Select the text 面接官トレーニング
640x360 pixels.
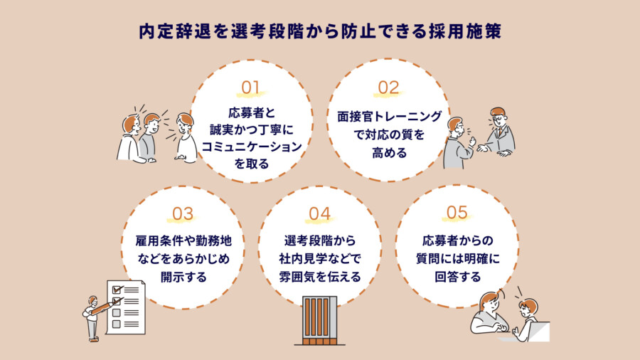tap(388, 116)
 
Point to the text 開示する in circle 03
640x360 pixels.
tap(183, 277)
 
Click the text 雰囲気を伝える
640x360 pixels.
tap(320, 277)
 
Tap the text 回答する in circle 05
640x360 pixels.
tap(457, 277)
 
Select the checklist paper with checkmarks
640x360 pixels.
tap(126, 307)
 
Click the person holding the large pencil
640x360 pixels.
tap(92, 316)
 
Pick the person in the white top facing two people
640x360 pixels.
tap(186, 138)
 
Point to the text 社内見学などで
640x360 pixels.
tap(320, 258)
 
